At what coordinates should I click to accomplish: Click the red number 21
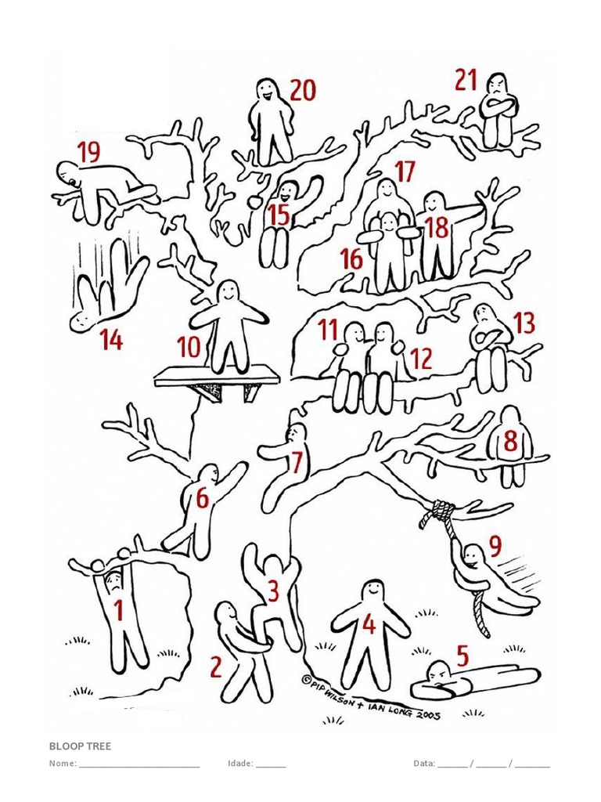(x=466, y=81)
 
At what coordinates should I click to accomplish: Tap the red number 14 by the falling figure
(x=111, y=339)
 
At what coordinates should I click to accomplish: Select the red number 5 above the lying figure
(x=462, y=656)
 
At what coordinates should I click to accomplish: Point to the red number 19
(x=89, y=152)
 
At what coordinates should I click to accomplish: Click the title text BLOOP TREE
(x=81, y=746)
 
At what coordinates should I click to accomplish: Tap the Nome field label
(x=63, y=764)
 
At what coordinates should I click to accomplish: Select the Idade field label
(x=240, y=764)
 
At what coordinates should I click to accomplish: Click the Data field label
(x=423, y=764)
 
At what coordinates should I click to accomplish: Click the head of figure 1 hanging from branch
(x=114, y=580)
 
